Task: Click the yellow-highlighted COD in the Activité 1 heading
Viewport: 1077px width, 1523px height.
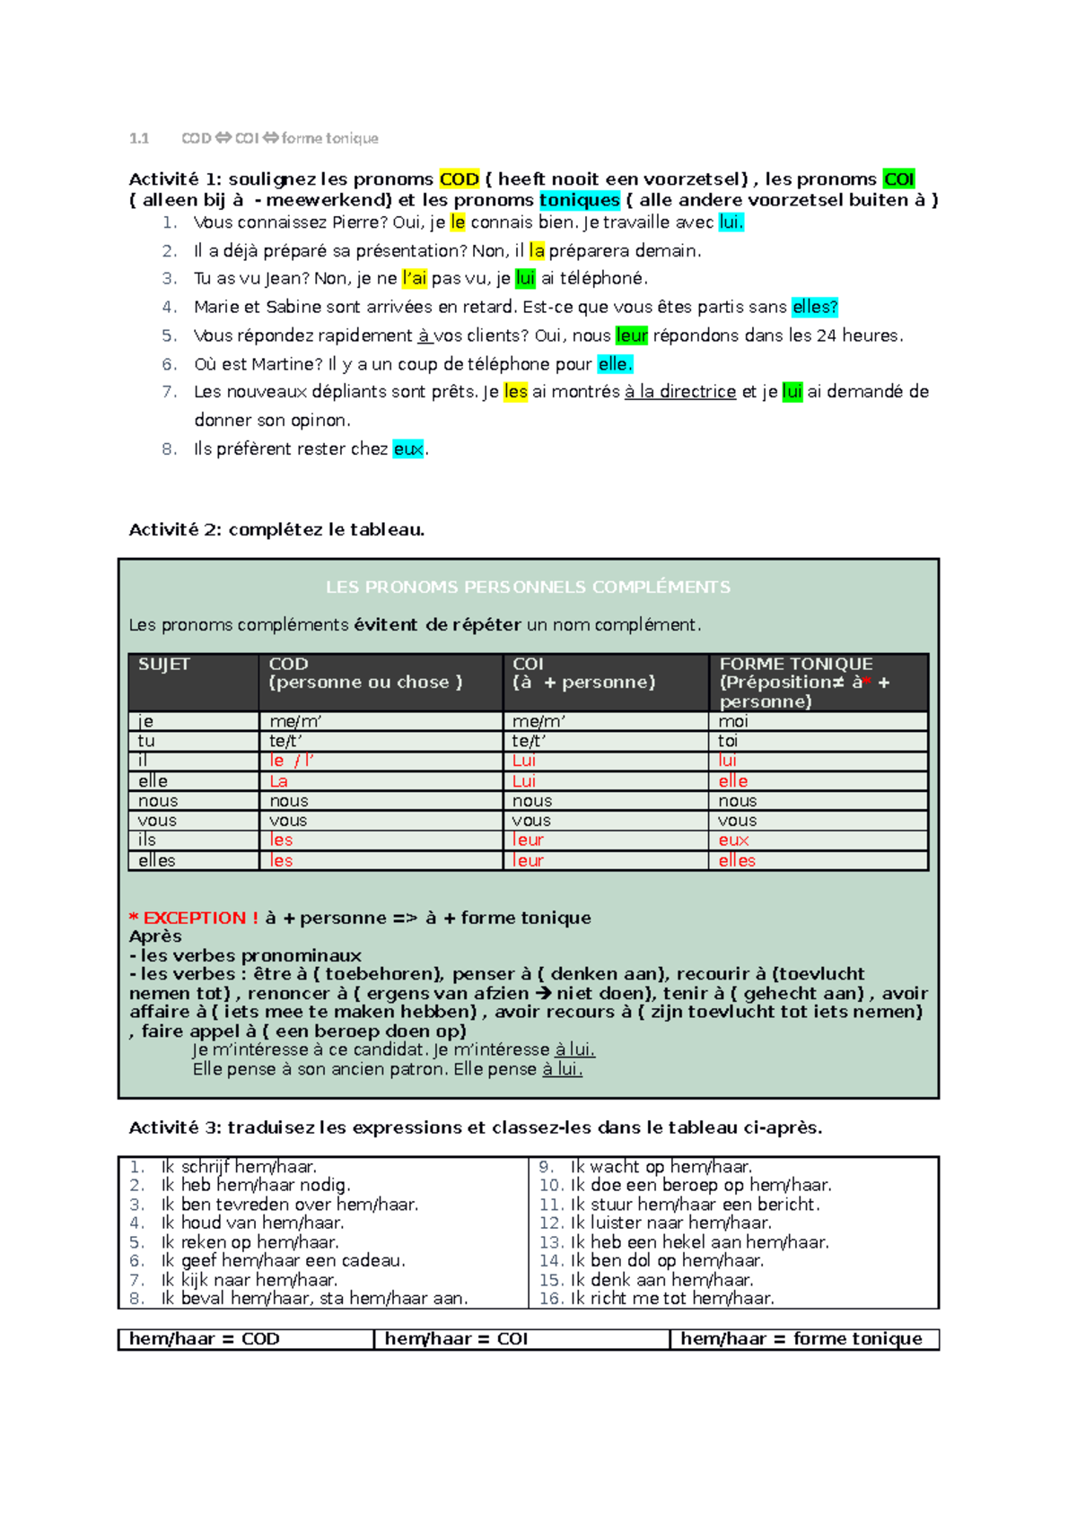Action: tap(459, 179)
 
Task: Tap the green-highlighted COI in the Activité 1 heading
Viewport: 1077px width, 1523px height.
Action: tap(898, 179)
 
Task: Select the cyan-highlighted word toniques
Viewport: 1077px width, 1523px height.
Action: tap(579, 200)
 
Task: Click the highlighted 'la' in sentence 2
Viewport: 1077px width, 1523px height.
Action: tap(537, 251)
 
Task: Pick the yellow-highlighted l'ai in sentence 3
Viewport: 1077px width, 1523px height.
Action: tap(415, 279)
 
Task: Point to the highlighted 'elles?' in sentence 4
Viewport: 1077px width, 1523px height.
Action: tap(814, 308)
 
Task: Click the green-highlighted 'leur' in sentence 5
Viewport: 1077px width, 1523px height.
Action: tap(632, 335)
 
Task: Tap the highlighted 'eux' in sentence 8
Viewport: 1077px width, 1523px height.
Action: tap(408, 449)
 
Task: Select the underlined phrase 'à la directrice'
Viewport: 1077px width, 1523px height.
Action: tap(679, 392)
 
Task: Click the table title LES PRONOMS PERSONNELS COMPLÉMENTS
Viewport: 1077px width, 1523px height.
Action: tap(528, 587)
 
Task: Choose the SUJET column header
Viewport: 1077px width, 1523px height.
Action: tap(164, 665)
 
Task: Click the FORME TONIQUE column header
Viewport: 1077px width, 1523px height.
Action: tap(795, 665)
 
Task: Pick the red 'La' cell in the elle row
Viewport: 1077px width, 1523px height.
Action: tap(279, 781)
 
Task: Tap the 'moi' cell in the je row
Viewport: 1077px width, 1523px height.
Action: tap(733, 722)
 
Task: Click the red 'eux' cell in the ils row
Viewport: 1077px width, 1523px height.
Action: tap(733, 840)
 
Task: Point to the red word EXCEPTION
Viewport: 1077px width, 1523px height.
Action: tap(195, 918)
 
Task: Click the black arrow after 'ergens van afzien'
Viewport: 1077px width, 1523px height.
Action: tap(544, 994)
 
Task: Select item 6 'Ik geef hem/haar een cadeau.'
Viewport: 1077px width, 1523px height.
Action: tap(283, 1261)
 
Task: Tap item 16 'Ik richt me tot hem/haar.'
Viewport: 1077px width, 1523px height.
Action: tap(671, 1299)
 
